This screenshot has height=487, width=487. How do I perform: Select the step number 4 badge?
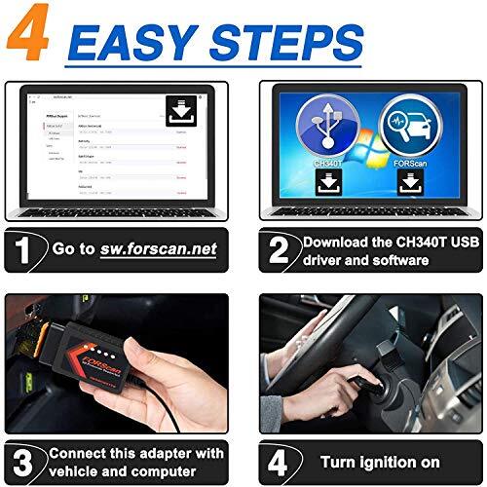279,461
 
